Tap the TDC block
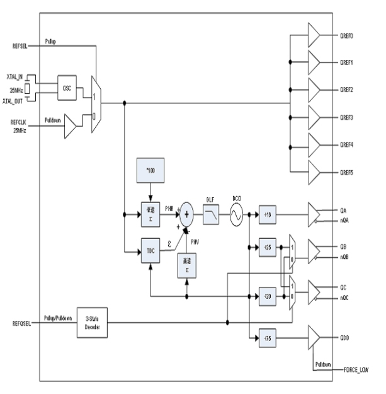coord(150,250)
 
